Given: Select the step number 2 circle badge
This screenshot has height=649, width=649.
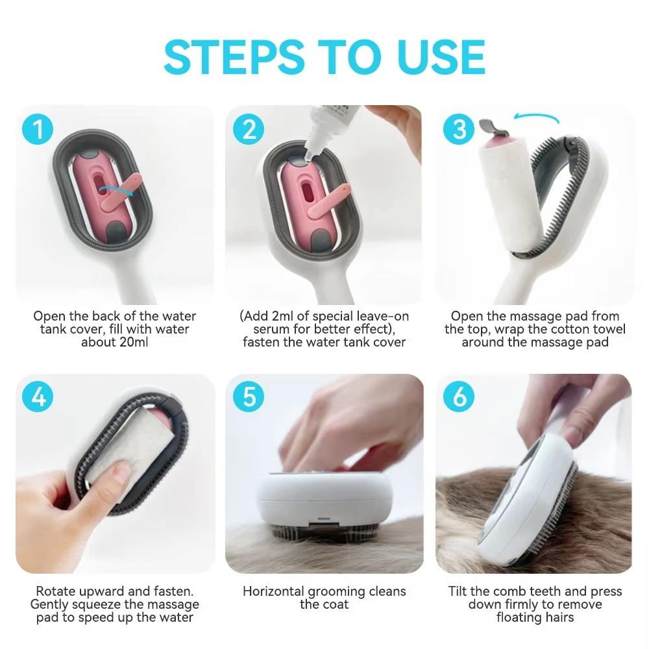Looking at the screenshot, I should pyautogui.click(x=249, y=129).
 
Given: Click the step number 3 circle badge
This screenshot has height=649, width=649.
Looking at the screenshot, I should pyautogui.click(x=459, y=129).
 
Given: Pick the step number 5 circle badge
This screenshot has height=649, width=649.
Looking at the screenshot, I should pyautogui.click(x=249, y=397).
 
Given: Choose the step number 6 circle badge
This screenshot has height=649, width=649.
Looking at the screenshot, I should pyautogui.click(x=459, y=397).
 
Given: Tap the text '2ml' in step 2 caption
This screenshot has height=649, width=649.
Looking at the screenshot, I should pyautogui.click(x=283, y=316).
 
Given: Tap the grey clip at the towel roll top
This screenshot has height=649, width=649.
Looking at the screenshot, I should pyautogui.click(x=487, y=125).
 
